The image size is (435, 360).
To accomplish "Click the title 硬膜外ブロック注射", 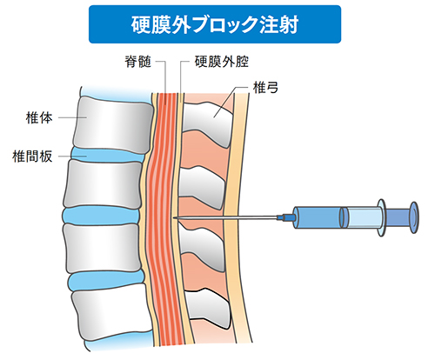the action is coord(215,24).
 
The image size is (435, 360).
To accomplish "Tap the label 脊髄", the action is coord(138,62).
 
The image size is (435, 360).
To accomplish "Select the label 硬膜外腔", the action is coord(222,62).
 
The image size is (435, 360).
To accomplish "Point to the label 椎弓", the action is coord(265,88).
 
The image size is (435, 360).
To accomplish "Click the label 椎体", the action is coord(39,117).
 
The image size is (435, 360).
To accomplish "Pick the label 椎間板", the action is coord(32,157).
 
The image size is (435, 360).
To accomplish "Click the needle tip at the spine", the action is coord(173,217).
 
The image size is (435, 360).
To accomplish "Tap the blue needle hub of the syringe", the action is coord(286,217).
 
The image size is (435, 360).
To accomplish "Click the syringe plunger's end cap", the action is coord(414,217).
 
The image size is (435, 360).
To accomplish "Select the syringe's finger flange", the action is coord(382,217).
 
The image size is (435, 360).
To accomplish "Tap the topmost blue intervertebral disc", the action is coord(108,155).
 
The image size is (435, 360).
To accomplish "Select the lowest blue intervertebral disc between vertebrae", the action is coord(106,281).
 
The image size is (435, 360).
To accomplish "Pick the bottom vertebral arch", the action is coord(208,308).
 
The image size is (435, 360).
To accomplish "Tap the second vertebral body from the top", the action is coord(102,184).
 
